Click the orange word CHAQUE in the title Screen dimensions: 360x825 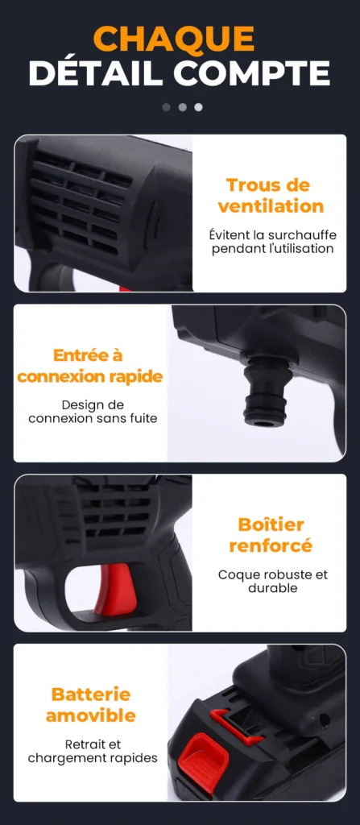[174, 39]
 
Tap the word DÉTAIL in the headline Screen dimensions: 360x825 [95, 73]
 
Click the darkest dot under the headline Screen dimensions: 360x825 [167, 107]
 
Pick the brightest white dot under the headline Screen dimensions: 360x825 [198, 107]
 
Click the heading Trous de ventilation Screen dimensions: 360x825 [271, 195]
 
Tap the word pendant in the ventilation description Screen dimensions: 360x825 [234, 248]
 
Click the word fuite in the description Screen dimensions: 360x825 [144, 419]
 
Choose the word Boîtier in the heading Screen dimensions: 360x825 [271, 524]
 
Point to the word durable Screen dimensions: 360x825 [273, 587]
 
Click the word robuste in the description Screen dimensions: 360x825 [283, 574]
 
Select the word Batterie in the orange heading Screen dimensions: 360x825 [90, 694]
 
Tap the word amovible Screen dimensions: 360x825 [90, 715]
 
